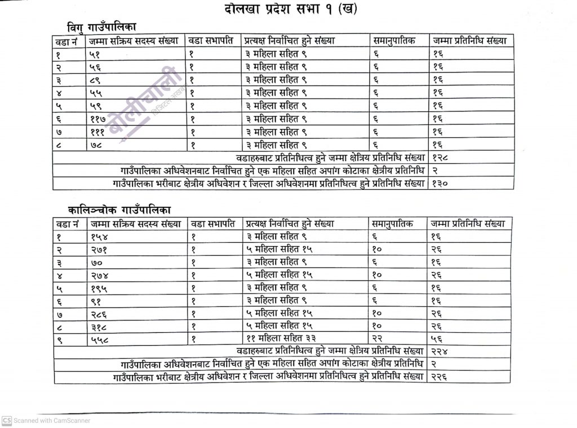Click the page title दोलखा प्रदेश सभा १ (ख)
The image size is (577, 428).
tap(288, 10)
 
